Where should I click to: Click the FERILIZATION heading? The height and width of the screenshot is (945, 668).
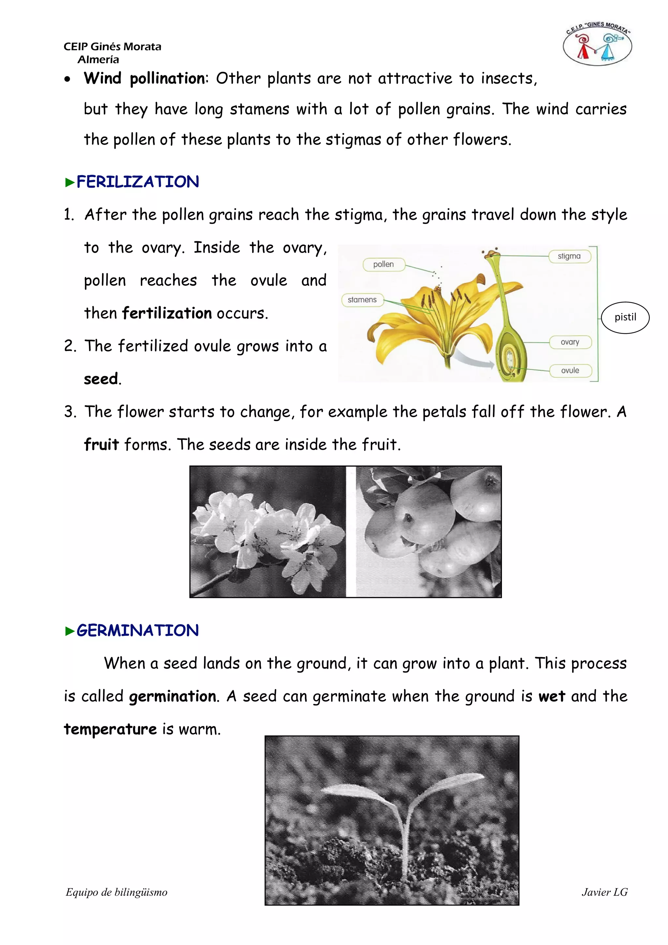click(x=137, y=182)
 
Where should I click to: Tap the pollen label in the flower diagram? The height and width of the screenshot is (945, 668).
click(x=384, y=264)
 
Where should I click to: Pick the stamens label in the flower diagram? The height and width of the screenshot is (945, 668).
click(x=362, y=300)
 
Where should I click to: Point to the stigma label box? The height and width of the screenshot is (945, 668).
click(x=569, y=256)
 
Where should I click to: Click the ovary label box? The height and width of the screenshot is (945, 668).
click(x=570, y=342)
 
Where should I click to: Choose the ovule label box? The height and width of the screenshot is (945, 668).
click(x=570, y=370)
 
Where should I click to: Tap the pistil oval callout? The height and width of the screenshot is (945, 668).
click(x=625, y=317)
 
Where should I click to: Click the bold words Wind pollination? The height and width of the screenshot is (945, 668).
click(x=144, y=78)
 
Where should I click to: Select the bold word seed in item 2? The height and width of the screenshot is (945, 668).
click(x=101, y=379)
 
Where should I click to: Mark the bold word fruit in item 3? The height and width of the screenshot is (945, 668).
click(x=101, y=445)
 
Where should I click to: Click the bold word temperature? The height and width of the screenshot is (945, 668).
click(x=110, y=729)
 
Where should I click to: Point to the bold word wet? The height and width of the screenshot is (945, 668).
click(x=552, y=697)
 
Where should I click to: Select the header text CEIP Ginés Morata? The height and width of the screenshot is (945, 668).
click(x=112, y=47)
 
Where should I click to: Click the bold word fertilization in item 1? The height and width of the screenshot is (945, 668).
click(x=167, y=314)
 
